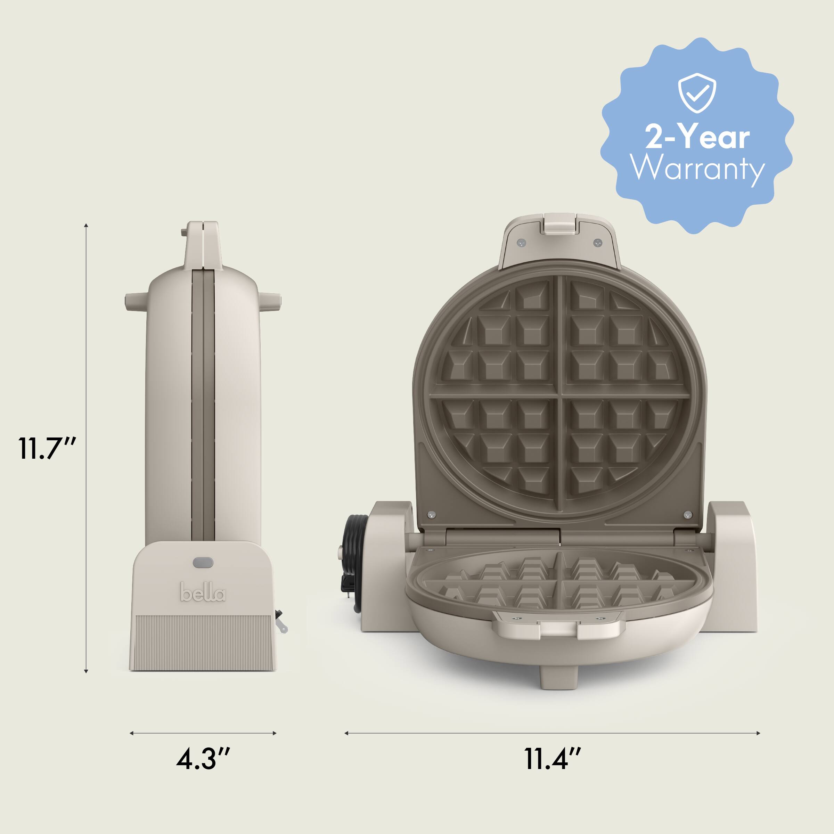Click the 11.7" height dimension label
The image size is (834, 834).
48,448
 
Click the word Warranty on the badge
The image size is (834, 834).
697,168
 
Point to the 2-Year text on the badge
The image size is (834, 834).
697,137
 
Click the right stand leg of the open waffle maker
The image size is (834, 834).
734,565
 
